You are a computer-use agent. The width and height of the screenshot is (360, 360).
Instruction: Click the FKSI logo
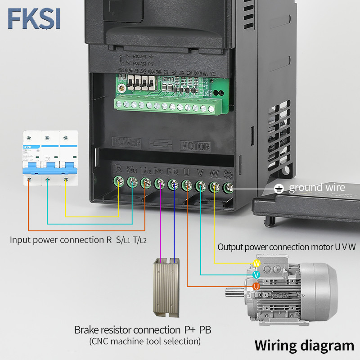(x=34, y=18)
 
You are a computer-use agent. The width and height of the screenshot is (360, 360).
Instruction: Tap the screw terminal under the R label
(x=119, y=181)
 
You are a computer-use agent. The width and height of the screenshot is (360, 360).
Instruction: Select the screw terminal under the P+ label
(x=160, y=183)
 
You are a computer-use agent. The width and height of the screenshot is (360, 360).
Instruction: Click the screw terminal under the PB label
(x=173, y=184)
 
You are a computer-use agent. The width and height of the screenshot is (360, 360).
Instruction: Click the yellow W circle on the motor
(x=257, y=263)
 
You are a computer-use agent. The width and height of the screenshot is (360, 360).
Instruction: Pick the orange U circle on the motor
(x=256, y=286)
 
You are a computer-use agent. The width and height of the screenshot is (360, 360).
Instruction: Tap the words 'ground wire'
(x=317, y=188)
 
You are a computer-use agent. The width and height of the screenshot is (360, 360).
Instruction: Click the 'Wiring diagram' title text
(x=304, y=345)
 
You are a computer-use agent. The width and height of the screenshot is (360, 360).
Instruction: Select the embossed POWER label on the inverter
(x=126, y=143)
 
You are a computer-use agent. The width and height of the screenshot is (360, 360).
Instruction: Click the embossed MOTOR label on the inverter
(x=195, y=146)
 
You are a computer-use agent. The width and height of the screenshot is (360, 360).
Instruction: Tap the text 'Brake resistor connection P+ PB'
(x=143, y=330)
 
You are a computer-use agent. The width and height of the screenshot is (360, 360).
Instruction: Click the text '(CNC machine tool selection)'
(x=144, y=342)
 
